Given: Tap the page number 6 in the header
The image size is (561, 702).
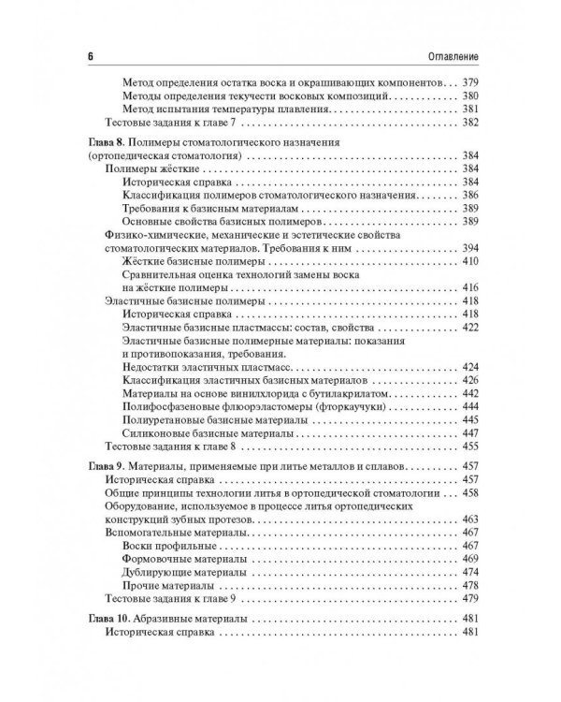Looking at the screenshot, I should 90,57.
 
